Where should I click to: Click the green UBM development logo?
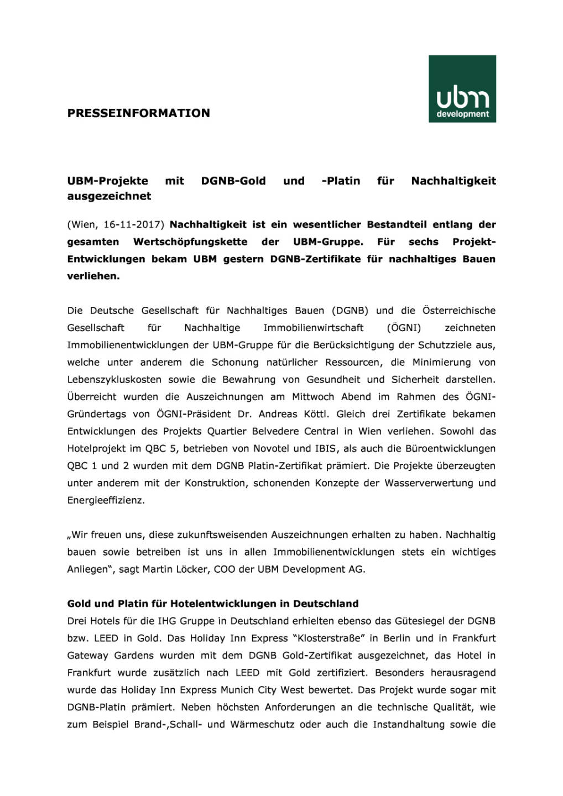click(462, 88)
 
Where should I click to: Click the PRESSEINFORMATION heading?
click(138, 113)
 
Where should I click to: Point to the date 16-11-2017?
click(133, 225)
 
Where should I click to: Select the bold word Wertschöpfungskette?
click(190, 242)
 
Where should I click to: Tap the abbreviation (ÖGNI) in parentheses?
click(404, 328)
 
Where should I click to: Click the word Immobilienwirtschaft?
click(313, 328)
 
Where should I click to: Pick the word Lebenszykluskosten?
click(114, 380)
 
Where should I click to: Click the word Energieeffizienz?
click(106, 500)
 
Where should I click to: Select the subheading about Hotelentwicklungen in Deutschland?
click(213, 604)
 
